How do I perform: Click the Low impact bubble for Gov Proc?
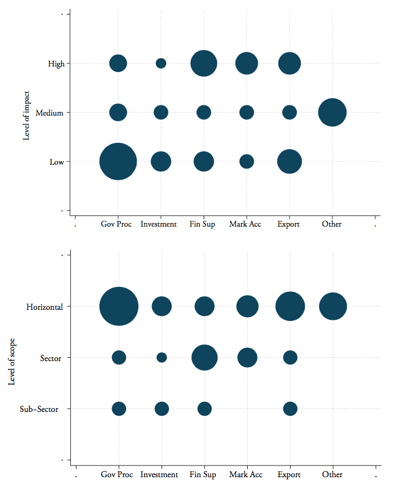118,162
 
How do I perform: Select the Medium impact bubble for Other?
332,113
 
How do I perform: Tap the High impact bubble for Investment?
161,64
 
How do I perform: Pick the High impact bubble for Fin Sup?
204,64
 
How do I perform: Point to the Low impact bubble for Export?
290,162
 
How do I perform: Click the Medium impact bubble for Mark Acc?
247,113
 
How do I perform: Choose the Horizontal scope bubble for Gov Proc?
119,306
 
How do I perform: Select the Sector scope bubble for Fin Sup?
205,358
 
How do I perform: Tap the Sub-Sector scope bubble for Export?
290,409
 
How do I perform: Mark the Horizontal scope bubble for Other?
333,306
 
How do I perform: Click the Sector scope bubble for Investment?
162,358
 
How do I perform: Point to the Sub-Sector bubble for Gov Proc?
119,409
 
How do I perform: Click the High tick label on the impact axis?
56,64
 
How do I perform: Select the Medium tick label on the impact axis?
49,113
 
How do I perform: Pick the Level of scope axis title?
12,358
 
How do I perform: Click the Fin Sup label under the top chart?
203,224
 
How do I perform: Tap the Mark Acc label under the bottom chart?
246,475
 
